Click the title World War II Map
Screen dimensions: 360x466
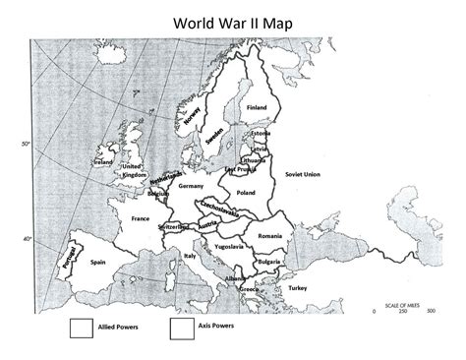click(x=232, y=22)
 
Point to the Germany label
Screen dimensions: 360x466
click(x=191, y=186)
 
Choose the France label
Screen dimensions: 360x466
click(x=140, y=217)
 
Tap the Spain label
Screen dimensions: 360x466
click(x=97, y=263)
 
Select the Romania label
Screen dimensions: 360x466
click(x=270, y=237)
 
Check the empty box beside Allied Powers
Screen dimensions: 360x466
click(x=80, y=327)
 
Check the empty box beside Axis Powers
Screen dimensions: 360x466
click(x=180, y=327)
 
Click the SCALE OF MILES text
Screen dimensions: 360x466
click(x=398, y=303)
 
